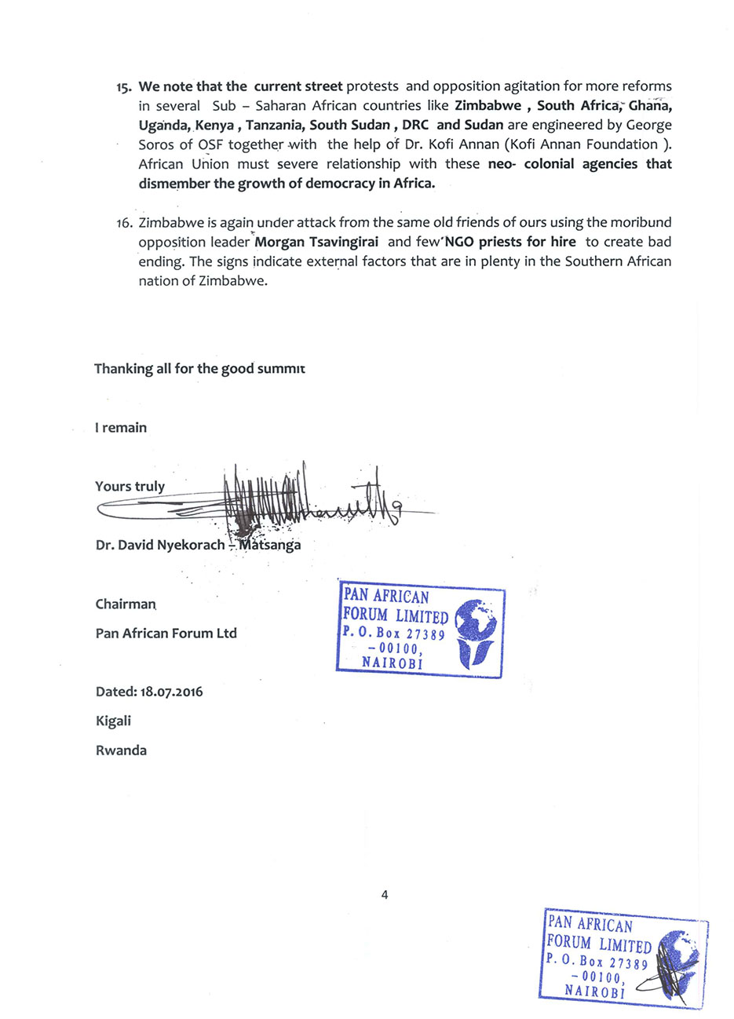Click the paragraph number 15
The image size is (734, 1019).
coord(125,87)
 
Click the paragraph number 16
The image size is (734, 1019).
coord(125,223)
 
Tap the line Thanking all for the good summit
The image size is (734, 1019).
coord(199,368)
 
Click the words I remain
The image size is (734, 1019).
coord(121,428)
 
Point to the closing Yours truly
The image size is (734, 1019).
coord(130,486)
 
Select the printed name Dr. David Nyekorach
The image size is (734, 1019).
coord(160,545)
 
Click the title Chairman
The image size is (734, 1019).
coord(126,604)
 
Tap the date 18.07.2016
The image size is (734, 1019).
coord(172,692)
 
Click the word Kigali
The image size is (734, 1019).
coord(113,721)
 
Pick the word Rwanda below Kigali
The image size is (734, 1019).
coord(121,750)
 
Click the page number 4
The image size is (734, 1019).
coord(384,894)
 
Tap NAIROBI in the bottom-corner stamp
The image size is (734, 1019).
coord(593,992)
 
